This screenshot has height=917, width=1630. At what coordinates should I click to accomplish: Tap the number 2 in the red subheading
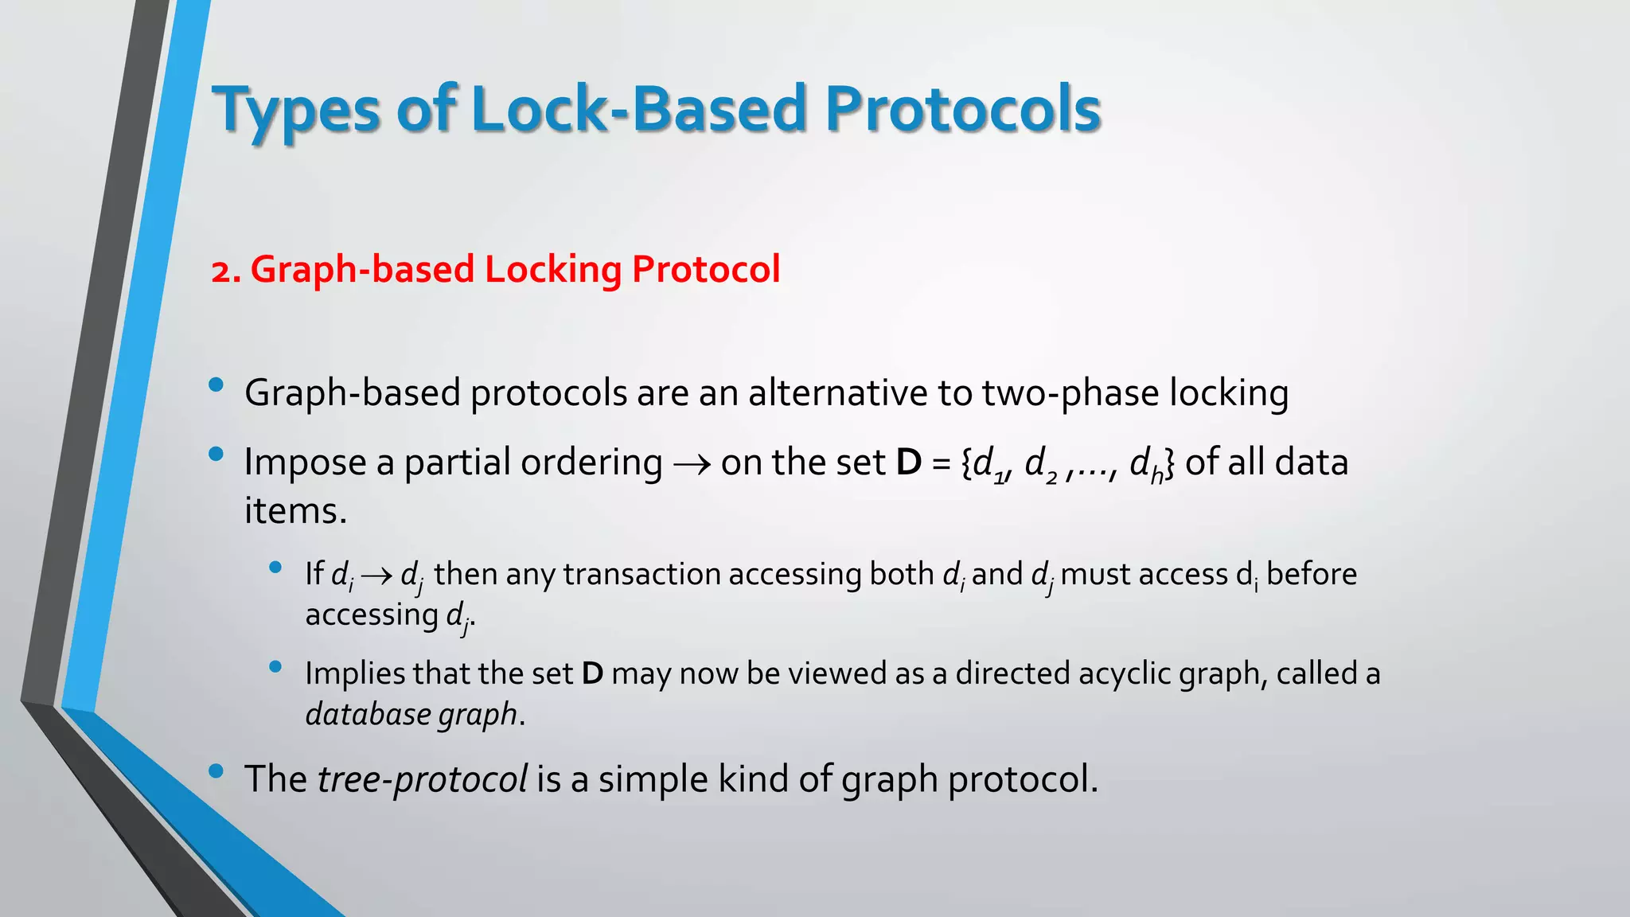point(222,271)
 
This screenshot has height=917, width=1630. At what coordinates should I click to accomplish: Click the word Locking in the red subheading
point(552,269)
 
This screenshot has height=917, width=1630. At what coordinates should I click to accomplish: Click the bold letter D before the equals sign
point(908,462)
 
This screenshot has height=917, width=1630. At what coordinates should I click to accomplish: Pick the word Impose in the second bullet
point(305,462)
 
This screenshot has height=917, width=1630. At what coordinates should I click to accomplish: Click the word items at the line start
point(294,510)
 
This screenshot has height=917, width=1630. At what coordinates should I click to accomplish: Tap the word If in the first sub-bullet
point(314,574)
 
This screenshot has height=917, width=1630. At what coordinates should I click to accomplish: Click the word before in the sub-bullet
point(1311,574)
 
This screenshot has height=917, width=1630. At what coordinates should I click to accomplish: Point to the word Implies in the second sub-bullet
point(356,673)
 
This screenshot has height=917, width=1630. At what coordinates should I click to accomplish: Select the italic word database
point(368,714)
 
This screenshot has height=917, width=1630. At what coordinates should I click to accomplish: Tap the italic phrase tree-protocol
point(422,778)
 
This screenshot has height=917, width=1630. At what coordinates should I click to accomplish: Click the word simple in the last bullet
point(653,778)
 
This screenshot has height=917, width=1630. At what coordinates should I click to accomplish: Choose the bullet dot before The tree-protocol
point(216,771)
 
